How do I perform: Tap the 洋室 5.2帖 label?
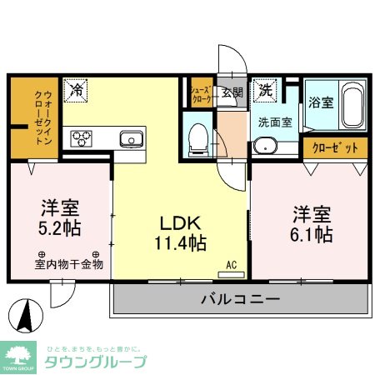[x=62, y=216]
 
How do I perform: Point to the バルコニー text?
[x=240, y=300]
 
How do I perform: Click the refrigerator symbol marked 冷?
[x=76, y=87]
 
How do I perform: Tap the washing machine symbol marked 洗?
[x=265, y=89]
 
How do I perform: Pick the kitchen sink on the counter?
[x=131, y=137]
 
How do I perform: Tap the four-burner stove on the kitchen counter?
[x=84, y=137]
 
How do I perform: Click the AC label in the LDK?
[x=232, y=265]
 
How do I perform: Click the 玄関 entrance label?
[x=232, y=92]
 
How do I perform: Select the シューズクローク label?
[x=200, y=94]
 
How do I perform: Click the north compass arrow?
[x=25, y=316]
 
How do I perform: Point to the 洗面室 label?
[x=274, y=121]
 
